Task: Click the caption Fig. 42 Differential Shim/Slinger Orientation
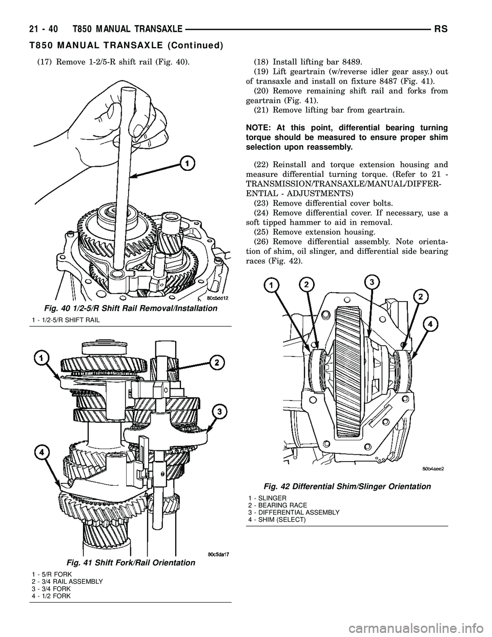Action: click(x=347, y=486)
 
